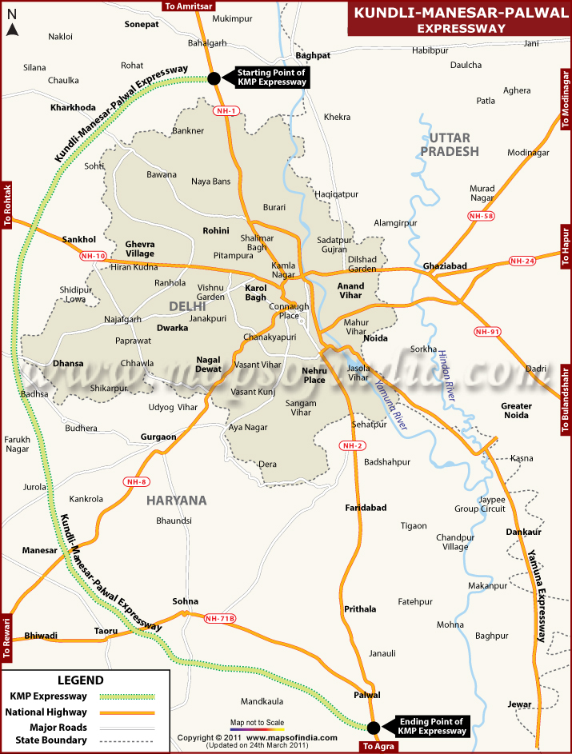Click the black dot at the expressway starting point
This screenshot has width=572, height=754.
tap(214, 78)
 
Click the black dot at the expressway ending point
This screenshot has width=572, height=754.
tap(373, 727)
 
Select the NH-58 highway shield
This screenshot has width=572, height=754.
tap(482, 216)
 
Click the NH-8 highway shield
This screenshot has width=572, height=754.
tap(136, 481)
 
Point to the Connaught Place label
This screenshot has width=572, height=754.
tap(289, 311)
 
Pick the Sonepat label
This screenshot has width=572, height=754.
tap(142, 25)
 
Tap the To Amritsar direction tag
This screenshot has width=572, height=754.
tap(186, 6)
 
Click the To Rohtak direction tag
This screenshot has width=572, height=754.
tap(7, 205)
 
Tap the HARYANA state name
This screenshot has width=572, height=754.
tap(176, 501)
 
